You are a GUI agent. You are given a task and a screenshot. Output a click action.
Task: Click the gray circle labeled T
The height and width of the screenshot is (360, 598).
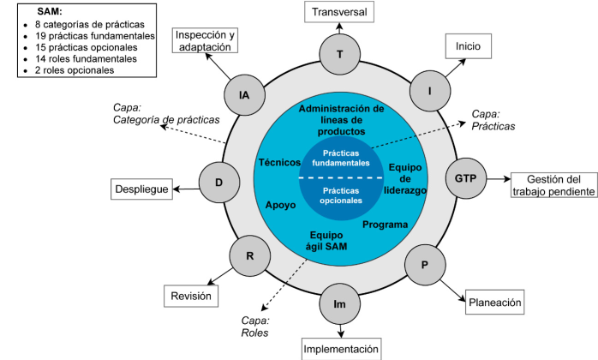[x=340, y=54]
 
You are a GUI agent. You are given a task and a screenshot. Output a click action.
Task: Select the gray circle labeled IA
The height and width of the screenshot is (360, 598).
[x=244, y=95]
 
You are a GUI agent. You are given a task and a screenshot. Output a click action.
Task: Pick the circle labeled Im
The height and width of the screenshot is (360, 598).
[x=340, y=303]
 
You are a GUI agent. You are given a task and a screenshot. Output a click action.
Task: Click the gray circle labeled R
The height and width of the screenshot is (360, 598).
[x=249, y=256]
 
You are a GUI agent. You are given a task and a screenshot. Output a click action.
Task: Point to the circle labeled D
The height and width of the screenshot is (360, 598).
[x=219, y=182]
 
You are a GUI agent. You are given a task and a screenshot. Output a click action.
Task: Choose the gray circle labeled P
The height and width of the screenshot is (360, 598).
[x=424, y=265]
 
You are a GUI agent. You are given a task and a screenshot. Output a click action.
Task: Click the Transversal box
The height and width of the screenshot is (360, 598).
[x=340, y=13]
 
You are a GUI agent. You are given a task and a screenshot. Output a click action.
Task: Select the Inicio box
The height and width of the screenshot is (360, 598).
[x=468, y=45]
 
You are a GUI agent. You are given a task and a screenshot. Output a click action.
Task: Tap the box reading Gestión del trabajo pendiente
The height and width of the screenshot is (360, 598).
[x=553, y=185]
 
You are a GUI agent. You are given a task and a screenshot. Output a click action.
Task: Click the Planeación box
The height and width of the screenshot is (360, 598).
[x=494, y=302]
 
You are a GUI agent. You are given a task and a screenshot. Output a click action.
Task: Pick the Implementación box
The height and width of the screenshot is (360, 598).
[x=341, y=349]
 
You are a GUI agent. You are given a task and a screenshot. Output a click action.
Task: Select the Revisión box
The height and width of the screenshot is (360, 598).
[x=190, y=296]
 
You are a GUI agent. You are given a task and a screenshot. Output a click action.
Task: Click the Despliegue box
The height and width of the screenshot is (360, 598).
[x=142, y=189]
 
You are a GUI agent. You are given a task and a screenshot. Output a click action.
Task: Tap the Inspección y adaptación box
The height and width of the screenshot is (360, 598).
[x=206, y=41]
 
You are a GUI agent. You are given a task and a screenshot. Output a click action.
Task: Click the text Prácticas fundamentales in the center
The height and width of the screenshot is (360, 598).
[x=340, y=158]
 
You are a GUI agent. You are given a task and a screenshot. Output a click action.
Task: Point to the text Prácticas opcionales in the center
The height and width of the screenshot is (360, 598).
[x=340, y=196]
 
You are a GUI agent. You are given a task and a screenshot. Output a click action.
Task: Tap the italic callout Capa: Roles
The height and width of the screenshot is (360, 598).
[x=254, y=326]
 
